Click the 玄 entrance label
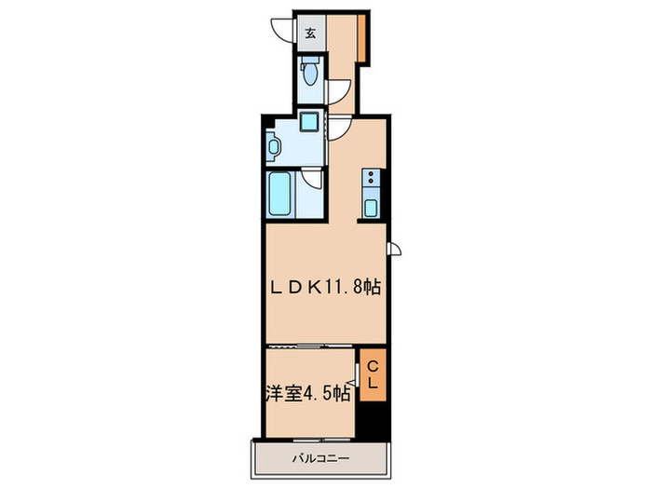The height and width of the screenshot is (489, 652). click(x=308, y=34)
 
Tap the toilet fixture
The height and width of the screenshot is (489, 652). click(x=310, y=72)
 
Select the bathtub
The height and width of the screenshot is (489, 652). click(x=280, y=196)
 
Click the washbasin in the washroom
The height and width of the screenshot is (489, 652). click(x=274, y=145)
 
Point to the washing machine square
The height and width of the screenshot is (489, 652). click(x=308, y=123)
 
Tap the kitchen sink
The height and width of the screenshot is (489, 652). click(x=372, y=207)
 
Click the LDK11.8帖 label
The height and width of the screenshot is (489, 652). click(x=325, y=287)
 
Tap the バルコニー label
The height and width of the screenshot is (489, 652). click(x=319, y=458)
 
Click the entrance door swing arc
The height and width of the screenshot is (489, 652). click(x=281, y=31)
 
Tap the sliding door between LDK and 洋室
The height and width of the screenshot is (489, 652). click(x=310, y=346)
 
